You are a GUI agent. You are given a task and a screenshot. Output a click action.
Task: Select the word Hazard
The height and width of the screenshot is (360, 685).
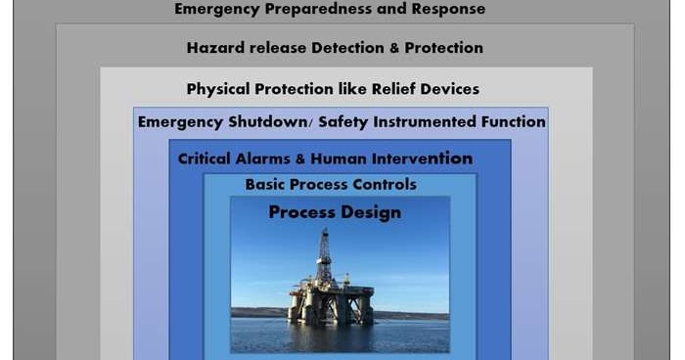point(213,47)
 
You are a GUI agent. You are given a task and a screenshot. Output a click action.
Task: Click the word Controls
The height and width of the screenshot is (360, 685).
point(384,184)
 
